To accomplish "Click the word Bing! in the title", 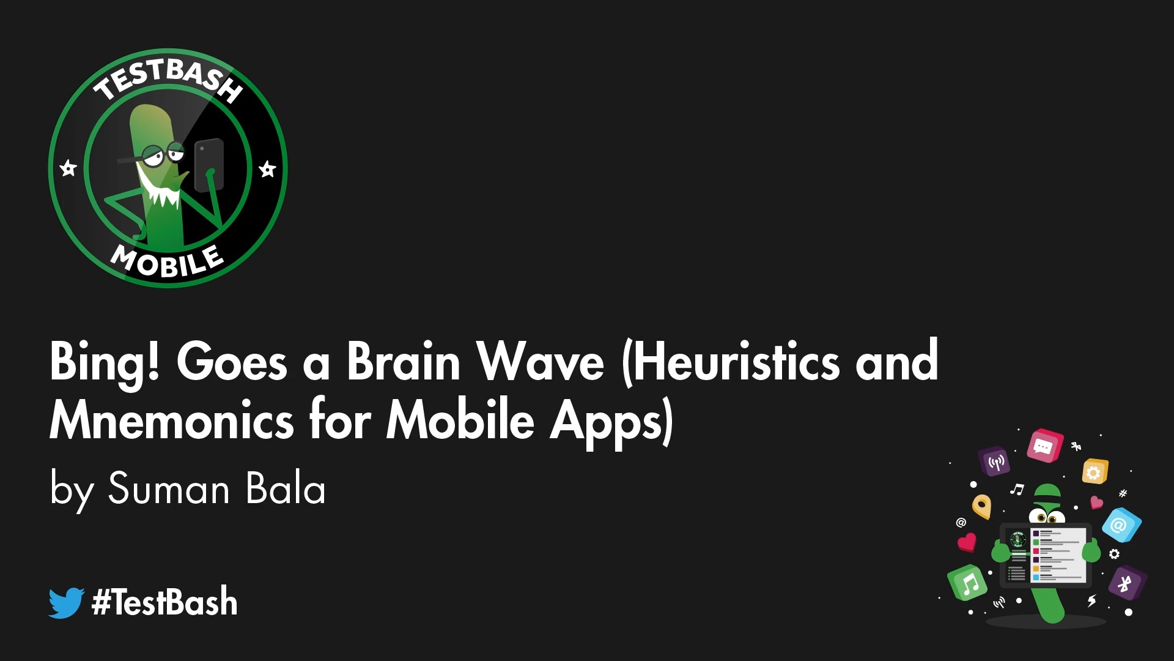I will tap(105, 363).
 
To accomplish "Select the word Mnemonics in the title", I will tap(172, 422).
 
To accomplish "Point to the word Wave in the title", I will tap(541, 363).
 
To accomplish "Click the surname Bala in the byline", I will tap(286, 489).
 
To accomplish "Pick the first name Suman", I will tap(169, 489).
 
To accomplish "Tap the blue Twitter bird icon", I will tap(66, 603).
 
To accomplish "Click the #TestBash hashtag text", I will tap(164, 602).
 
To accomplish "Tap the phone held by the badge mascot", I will tap(209, 164).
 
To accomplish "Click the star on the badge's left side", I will tap(68, 168).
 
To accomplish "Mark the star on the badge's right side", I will tap(267, 168).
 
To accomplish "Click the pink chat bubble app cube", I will tap(1044, 446).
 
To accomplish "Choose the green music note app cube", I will tap(967, 583).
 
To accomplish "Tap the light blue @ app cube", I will tap(1121, 525).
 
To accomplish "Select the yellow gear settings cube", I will tap(1095, 472).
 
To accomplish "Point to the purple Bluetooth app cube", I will tap(1126, 583).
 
